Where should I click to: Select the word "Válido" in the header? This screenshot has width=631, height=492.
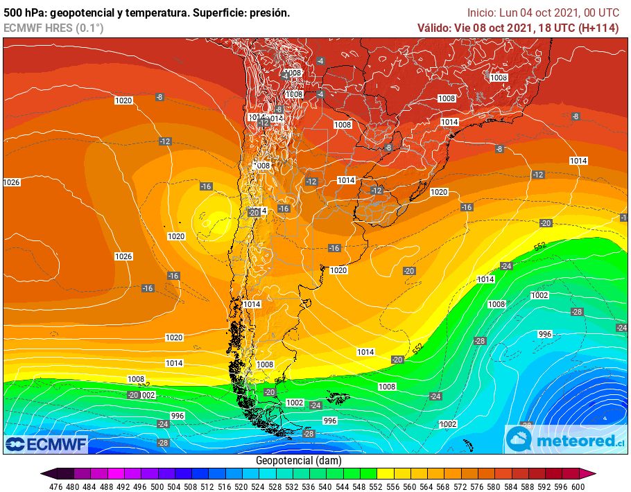click(x=435, y=28)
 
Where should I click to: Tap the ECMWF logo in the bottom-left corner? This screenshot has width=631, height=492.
click(x=46, y=443)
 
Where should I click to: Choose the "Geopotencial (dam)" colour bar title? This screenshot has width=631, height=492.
click(x=298, y=461)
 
